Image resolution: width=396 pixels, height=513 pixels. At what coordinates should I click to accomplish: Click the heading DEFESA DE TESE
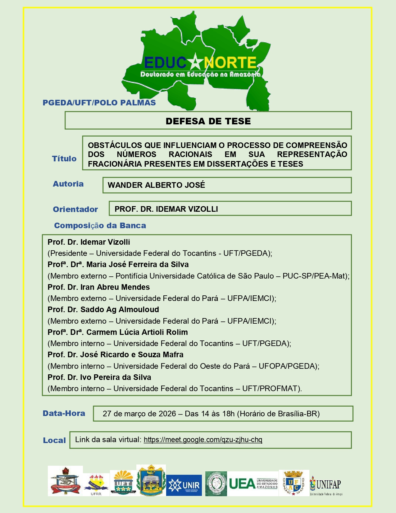(x=208, y=121)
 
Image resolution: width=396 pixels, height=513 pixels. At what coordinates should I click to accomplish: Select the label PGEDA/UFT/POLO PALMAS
(x=99, y=103)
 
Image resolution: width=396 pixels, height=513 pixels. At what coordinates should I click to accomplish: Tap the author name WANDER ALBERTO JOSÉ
(x=156, y=185)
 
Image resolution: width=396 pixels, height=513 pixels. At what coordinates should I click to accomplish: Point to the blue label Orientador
(x=75, y=209)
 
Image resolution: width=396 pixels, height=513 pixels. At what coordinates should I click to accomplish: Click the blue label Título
(x=64, y=159)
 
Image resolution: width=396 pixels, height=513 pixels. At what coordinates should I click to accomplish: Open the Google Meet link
(x=203, y=440)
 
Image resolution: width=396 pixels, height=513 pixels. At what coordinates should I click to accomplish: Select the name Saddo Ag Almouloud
(x=120, y=309)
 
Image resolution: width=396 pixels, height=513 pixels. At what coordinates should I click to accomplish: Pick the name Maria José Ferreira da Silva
(x=137, y=264)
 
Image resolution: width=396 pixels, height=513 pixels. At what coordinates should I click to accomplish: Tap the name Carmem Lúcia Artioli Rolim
(x=137, y=332)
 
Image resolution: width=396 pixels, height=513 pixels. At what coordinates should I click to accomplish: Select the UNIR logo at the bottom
(x=184, y=485)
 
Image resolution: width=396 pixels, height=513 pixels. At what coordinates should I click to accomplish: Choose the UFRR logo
(x=96, y=484)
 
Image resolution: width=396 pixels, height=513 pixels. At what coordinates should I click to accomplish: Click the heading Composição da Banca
(x=100, y=225)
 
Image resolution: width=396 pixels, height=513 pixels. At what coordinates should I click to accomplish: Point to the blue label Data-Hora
(x=64, y=413)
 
